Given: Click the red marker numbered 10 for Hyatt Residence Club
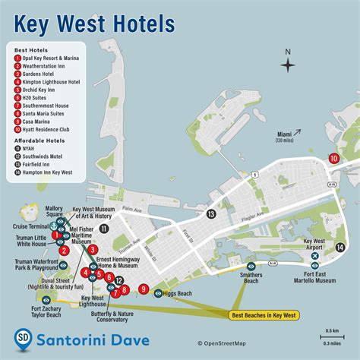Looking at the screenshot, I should pos(334,158).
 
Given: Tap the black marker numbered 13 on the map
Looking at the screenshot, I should pos(211,215).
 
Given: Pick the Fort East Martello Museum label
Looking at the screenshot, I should pos(315,280).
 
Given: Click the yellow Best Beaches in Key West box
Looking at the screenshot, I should pos(268,314).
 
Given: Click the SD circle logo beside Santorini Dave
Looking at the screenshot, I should pos(24,338).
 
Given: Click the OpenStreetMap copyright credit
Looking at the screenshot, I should pos(223,343).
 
